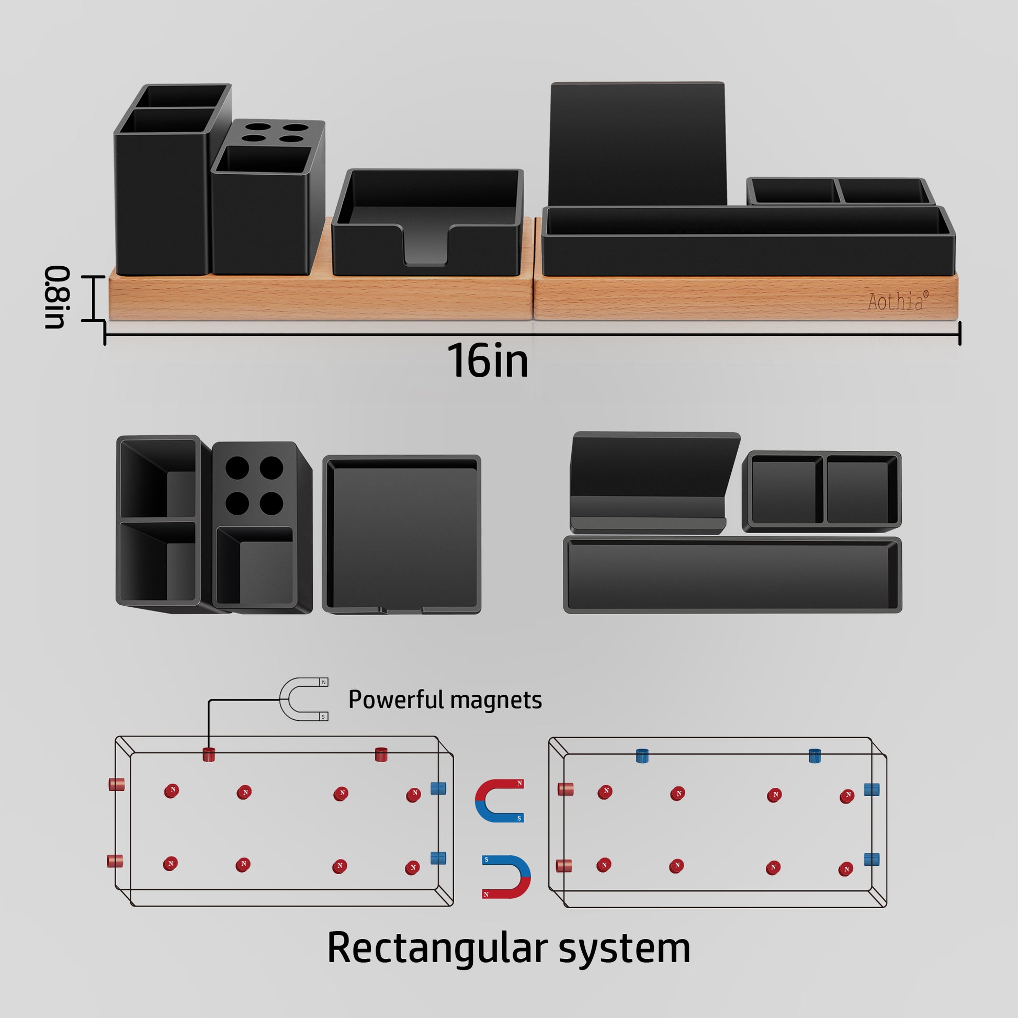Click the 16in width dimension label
488,361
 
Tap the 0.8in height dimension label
56,297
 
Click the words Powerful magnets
445,700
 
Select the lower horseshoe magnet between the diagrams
506,876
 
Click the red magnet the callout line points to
209,754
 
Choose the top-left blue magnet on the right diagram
642,755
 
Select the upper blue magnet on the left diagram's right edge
438,788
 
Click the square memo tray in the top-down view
402,534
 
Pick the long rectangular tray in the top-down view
732,575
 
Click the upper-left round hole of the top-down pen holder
237,467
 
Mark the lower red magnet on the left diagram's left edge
115,861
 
